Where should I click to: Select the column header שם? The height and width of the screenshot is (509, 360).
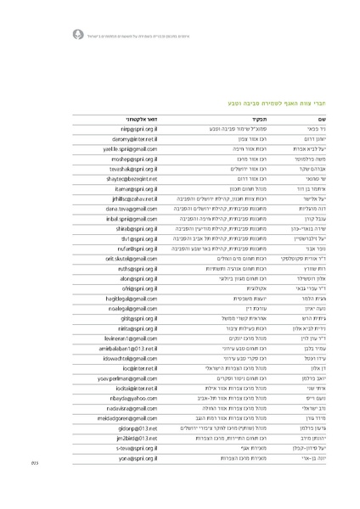310,117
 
